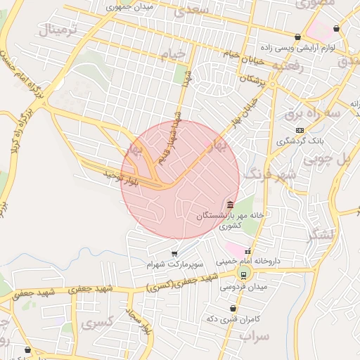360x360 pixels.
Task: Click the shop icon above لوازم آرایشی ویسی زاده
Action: tap(298, 37)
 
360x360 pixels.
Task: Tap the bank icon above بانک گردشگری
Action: tap(300, 130)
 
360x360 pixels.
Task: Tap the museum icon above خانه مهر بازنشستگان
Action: tap(231, 204)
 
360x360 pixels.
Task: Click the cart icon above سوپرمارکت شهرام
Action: tap(174, 253)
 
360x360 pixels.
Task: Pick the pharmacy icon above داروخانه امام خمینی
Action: tap(247, 251)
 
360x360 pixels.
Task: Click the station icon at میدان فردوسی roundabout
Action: tap(244, 275)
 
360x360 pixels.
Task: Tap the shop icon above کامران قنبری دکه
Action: tap(233, 308)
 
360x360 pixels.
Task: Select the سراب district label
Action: tap(254, 336)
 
